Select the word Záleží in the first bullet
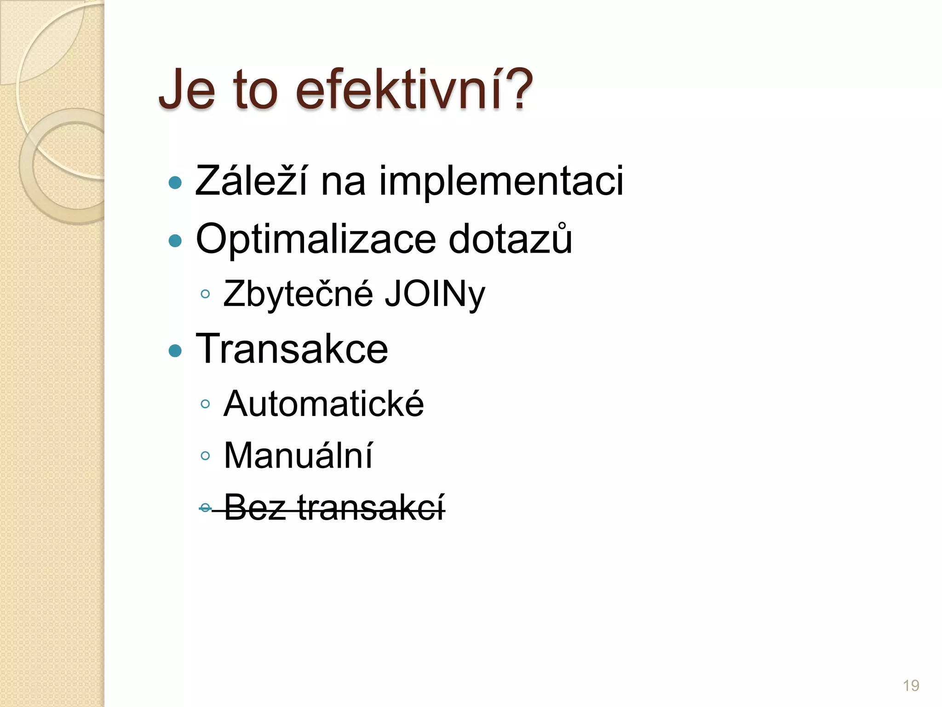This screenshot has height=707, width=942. pyautogui.click(x=251, y=181)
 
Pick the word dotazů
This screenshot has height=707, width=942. pyautogui.click(x=510, y=238)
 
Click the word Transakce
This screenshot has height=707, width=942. pyautogui.click(x=292, y=348)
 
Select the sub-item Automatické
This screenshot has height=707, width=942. pyautogui.click(x=323, y=404)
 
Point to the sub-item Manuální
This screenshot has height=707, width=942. pyautogui.click(x=298, y=455)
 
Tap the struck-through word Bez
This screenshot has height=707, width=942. pyautogui.click(x=255, y=507)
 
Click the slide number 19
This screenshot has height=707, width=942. pyautogui.click(x=911, y=685)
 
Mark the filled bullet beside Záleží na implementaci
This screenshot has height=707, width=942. pyautogui.click(x=175, y=183)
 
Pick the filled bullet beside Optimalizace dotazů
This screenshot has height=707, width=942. pyautogui.click(x=175, y=240)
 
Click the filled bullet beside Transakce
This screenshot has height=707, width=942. pyautogui.click(x=175, y=351)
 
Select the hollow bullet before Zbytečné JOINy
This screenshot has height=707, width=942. pyautogui.click(x=205, y=294)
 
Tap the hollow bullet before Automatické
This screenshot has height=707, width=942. pyautogui.click(x=205, y=404)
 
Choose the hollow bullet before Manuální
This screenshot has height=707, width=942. pyautogui.click(x=205, y=456)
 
